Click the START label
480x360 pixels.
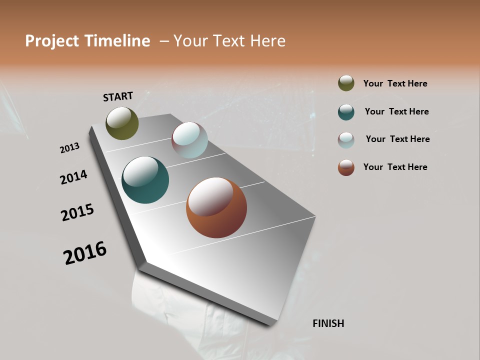pyautogui.click(x=118, y=96)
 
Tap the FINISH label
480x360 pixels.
pyautogui.click(x=328, y=323)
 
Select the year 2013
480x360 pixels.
pyautogui.click(x=69, y=148)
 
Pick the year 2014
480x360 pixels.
pyautogui.click(x=73, y=177)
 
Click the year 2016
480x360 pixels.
pyautogui.click(x=85, y=253)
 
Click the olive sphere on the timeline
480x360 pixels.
pyautogui.click(x=122, y=123)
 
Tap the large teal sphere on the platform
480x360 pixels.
pyautogui.click(x=145, y=180)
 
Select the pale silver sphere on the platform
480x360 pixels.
pyautogui.click(x=189, y=140)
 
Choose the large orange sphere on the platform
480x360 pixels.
pyautogui.click(x=216, y=207)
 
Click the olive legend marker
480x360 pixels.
pyautogui.click(x=346, y=83)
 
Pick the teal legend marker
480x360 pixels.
pyautogui.click(x=346, y=111)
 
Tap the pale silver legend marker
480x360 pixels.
pyautogui.click(x=346, y=139)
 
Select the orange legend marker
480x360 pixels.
pyautogui.click(x=346, y=167)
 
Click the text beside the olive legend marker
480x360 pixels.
pyautogui.click(x=395, y=83)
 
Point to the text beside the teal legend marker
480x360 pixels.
pyautogui.click(x=396, y=111)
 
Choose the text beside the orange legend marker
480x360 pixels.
pyautogui.click(x=395, y=167)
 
